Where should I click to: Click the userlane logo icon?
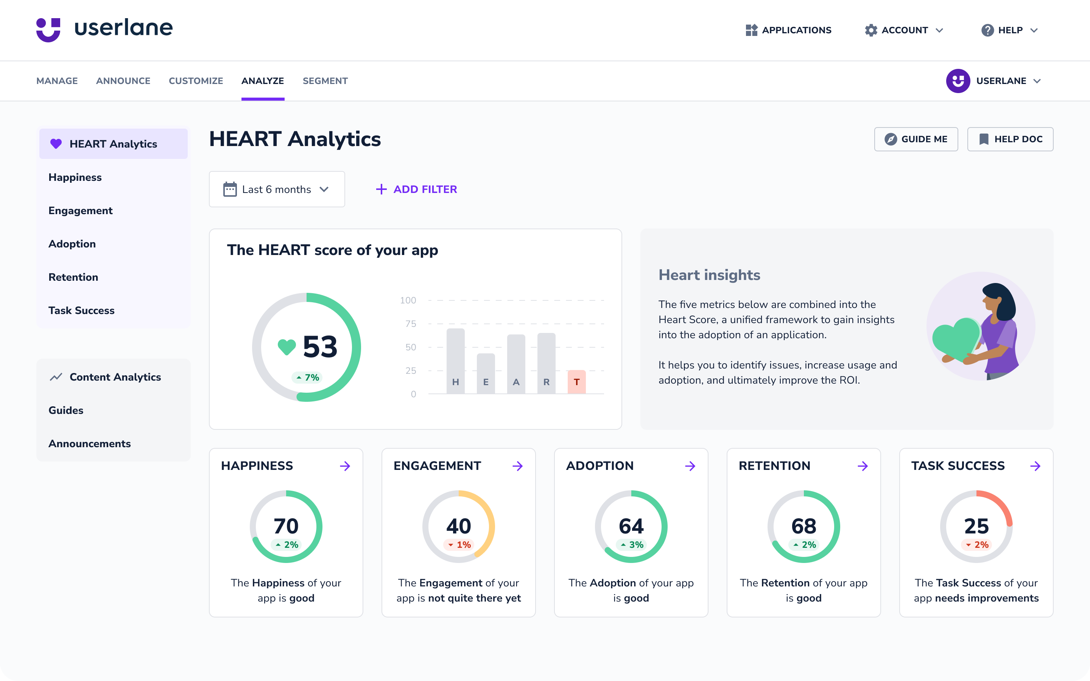click(x=48, y=30)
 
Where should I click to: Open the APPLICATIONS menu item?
click(x=788, y=30)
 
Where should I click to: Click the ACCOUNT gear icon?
click(x=870, y=30)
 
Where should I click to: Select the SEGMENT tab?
click(x=325, y=81)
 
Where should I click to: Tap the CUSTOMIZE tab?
click(x=195, y=81)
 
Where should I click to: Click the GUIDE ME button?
click(x=916, y=139)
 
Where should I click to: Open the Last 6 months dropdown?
click(x=277, y=189)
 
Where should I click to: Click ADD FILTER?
click(x=416, y=189)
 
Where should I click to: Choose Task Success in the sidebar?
click(x=81, y=310)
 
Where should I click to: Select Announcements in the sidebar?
click(x=90, y=444)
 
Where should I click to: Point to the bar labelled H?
click(x=455, y=360)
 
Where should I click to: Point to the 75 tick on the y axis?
click(x=410, y=324)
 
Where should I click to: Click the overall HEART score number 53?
click(x=320, y=347)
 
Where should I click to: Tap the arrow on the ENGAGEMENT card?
click(x=517, y=466)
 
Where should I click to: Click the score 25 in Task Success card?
click(x=976, y=526)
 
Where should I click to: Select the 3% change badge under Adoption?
click(x=631, y=544)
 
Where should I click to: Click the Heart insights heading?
click(x=709, y=275)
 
